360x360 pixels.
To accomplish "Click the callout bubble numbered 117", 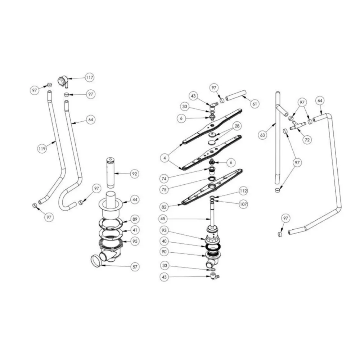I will [x=90, y=77].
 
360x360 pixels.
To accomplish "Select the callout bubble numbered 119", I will [x=43, y=148].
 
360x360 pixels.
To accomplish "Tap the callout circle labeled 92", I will [x=134, y=174].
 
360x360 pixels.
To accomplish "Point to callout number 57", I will [x=134, y=267].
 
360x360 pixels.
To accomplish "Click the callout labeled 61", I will [x=255, y=104].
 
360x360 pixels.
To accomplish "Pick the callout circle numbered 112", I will [x=243, y=191].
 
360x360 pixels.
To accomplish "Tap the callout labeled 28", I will [x=237, y=126].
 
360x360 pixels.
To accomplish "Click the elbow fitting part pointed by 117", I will [x=63, y=81].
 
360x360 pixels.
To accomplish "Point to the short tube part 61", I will [x=235, y=95].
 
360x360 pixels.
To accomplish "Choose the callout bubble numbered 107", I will [x=243, y=204].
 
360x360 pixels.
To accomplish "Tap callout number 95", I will [x=135, y=241].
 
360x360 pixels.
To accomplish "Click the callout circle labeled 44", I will [x=134, y=199].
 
